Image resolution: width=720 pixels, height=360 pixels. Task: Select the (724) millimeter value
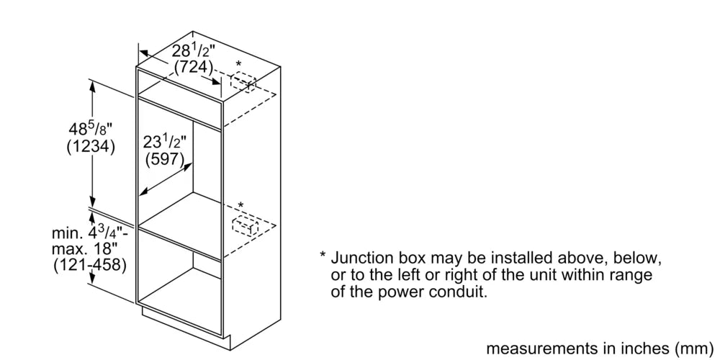[194, 68]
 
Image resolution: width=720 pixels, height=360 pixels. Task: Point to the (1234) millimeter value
[91, 148]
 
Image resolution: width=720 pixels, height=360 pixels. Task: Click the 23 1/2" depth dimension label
[166, 142]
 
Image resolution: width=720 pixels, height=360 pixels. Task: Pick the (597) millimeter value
[165, 159]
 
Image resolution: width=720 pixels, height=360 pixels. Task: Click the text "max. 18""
[84, 250]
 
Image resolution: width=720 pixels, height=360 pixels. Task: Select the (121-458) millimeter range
[89, 266]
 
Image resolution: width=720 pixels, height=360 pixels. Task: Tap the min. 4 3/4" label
[89, 233]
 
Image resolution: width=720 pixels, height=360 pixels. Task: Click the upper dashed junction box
[243, 83]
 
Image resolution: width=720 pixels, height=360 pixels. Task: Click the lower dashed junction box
[246, 226]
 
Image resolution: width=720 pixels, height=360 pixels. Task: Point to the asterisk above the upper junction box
[238, 65]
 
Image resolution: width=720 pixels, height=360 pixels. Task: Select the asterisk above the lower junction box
[240, 205]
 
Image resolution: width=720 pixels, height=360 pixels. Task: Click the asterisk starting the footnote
[323, 256]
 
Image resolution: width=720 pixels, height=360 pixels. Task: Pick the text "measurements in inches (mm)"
[600, 348]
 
